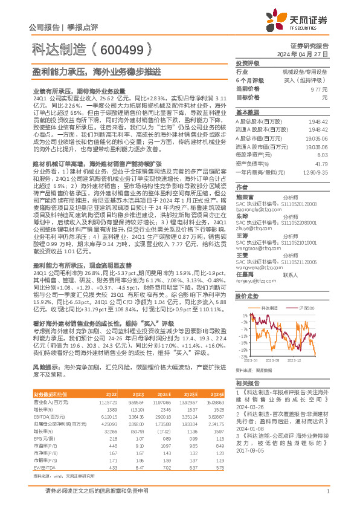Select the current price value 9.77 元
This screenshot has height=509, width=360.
coord(318,88)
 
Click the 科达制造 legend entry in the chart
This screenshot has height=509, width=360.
coord(269,308)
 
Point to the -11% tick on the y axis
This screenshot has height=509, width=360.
coord(243,336)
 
